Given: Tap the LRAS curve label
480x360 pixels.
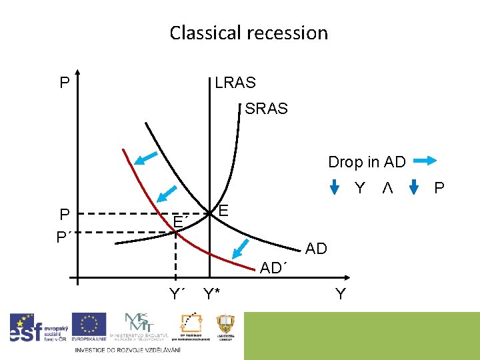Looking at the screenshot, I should click(x=235, y=83).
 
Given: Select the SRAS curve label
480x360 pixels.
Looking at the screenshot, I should click(x=266, y=108).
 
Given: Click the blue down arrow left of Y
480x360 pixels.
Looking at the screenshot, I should click(x=335, y=188).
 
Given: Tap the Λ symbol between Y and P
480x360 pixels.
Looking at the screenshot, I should click(x=387, y=188).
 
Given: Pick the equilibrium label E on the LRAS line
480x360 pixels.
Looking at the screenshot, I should click(x=224, y=211).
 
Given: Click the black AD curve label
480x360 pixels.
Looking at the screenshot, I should click(x=316, y=249).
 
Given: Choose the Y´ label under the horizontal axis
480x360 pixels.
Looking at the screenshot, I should click(x=177, y=293).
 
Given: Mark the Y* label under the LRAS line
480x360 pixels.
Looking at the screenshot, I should click(x=212, y=293).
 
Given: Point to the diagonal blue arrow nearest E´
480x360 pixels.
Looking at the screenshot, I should click(x=167, y=193).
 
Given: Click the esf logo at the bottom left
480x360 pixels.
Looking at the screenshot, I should click(x=37, y=328).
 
